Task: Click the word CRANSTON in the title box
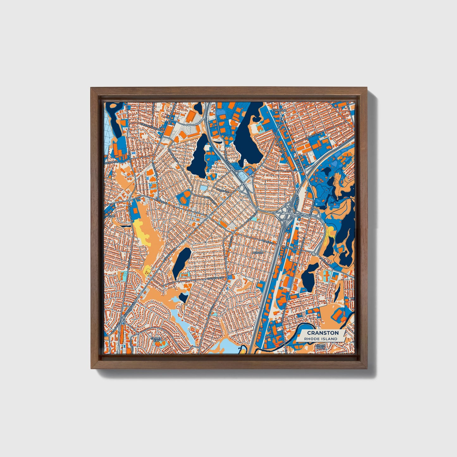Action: (x=323, y=333)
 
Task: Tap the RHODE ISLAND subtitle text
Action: (x=320, y=339)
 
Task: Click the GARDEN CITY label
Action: (x=156, y=339)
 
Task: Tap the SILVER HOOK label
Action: (x=320, y=347)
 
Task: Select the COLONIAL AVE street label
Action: (x=216, y=278)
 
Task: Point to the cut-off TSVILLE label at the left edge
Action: (x=109, y=215)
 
